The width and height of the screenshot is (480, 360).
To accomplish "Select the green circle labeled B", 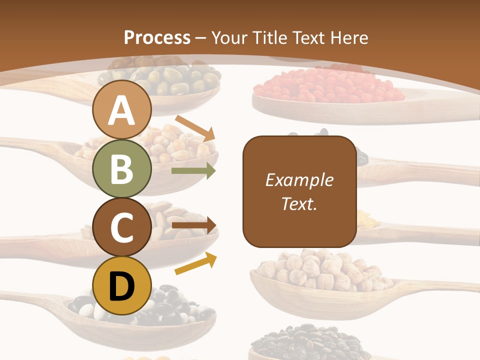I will [122, 168].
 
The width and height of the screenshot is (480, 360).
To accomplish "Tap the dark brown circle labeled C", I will [122, 227].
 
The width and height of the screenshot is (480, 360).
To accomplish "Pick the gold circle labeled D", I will [122, 285].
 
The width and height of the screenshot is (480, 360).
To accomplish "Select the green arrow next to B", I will [193, 171].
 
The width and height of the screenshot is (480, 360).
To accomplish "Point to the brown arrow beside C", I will [194, 225].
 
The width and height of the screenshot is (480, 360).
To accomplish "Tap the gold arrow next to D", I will [196, 263].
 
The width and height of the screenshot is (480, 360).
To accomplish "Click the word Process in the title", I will [157, 37].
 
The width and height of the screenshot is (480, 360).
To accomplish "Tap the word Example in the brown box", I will [299, 180].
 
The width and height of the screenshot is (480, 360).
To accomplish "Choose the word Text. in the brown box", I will [299, 204].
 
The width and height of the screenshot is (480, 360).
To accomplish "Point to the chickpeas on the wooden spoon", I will [317, 272].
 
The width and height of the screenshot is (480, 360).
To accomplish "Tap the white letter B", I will [122, 168].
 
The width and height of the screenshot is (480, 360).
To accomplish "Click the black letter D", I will [122, 286].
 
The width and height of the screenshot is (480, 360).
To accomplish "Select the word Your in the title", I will [229, 37].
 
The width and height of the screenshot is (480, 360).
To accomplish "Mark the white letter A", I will [122, 110].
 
